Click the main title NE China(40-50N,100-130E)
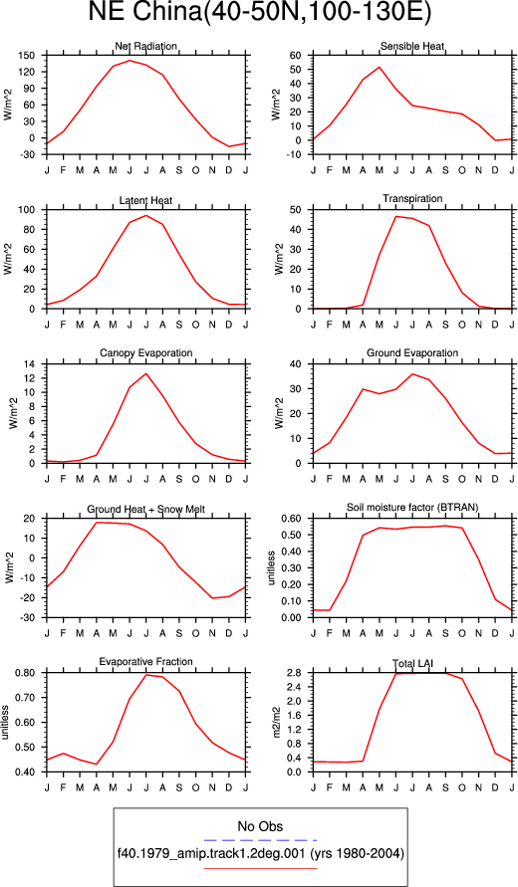pyautogui.click(x=260, y=14)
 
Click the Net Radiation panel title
pyautogui.click(x=146, y=46)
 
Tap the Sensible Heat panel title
pyautogui.click(x=412, y=46)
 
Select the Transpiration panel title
pyautogui.click(x=412, y=198)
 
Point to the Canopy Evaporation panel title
pyautogui.click(x=146, y=353)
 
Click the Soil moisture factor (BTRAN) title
pyautogui.click(x=412, y=508)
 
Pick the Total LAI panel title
pyautogui.click(x=412, y=664)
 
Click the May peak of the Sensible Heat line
pyautogui.click(x=380, y=67)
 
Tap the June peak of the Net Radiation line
pyautogui.click(x=129, y=61)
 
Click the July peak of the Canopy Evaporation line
pyautogui.click(x=146, y=373)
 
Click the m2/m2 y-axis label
pyautogui.click(x=277, y=722)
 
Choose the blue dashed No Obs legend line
pyautogui.click(x=260, y=840)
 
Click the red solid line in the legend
pyautogui.click(x=260, y=867)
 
